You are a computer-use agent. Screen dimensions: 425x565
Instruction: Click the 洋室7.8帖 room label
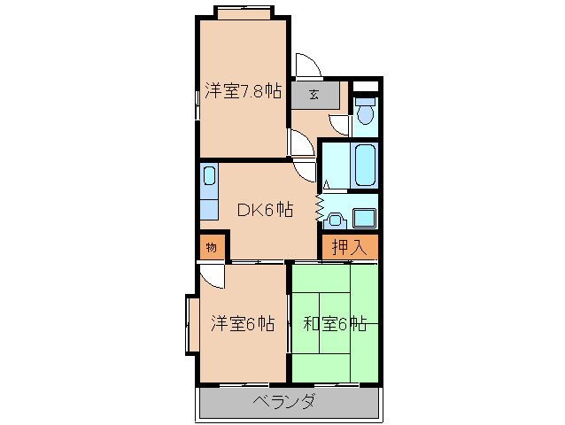point(244,90)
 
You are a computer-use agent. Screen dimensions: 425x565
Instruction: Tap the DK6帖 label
point(265,210)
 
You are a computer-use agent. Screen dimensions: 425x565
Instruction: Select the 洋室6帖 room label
point(242,323)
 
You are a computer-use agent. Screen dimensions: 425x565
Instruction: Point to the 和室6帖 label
point(335,323)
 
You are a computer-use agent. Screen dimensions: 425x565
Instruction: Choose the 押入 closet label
point(349,247)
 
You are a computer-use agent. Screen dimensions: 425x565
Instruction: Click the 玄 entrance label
point(314,94)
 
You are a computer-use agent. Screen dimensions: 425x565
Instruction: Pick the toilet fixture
point(365,112)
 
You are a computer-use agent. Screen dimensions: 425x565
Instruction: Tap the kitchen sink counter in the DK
point(208,191)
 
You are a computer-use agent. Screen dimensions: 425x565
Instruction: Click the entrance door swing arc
point(306,66)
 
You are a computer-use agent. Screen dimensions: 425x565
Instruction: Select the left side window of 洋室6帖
point(190,325)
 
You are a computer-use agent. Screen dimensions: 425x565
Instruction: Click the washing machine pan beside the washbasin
point(364,217)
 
